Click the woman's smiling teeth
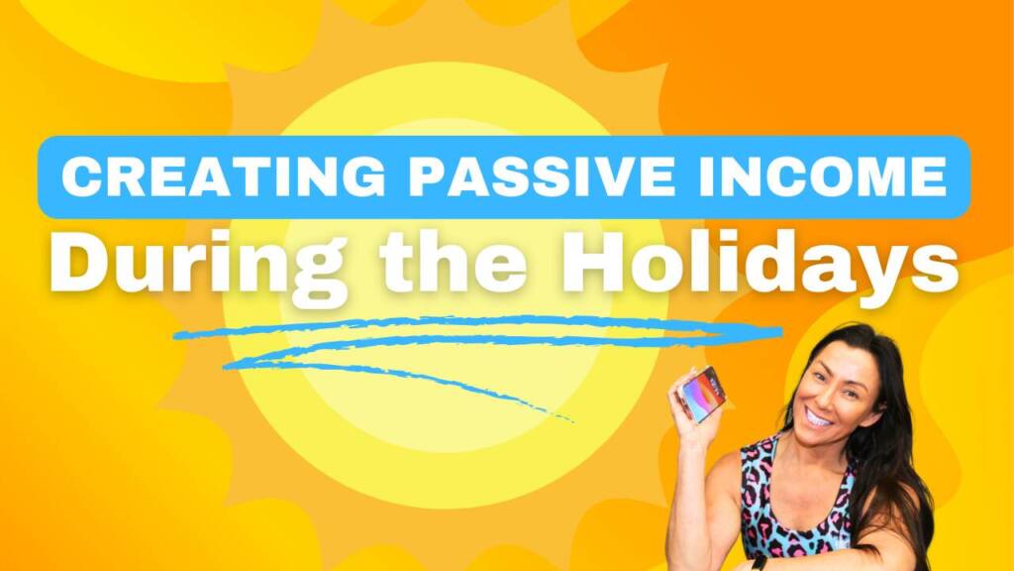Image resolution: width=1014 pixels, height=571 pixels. point(819,417)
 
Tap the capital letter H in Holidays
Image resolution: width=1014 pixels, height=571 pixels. point(595,261)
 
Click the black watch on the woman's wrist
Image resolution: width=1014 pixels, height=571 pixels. point(760,563)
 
